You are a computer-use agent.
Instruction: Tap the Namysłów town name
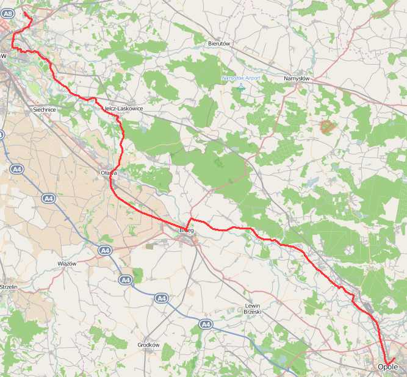tap(297, 79)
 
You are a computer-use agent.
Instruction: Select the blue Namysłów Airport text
tap(240, 78)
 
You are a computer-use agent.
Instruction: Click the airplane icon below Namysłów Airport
tap(240, 87)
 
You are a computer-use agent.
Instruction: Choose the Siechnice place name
tap(44, 110)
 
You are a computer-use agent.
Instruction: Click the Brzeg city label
tap(188, 230)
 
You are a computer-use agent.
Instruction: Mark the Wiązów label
tap(66, 264)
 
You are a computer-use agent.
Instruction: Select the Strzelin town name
tap(9, 286)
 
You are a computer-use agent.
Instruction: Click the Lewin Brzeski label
tap(253, 309)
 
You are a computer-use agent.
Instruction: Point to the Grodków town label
tap(148, 345)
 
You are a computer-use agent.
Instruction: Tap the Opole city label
tap(387, 367)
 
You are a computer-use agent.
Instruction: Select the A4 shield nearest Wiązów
tap(105, 250)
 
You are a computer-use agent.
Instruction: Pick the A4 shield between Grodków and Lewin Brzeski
tap(206, 325)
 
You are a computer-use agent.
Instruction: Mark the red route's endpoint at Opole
tap(395, 358)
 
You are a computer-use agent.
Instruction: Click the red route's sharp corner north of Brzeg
tap(191, 218)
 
